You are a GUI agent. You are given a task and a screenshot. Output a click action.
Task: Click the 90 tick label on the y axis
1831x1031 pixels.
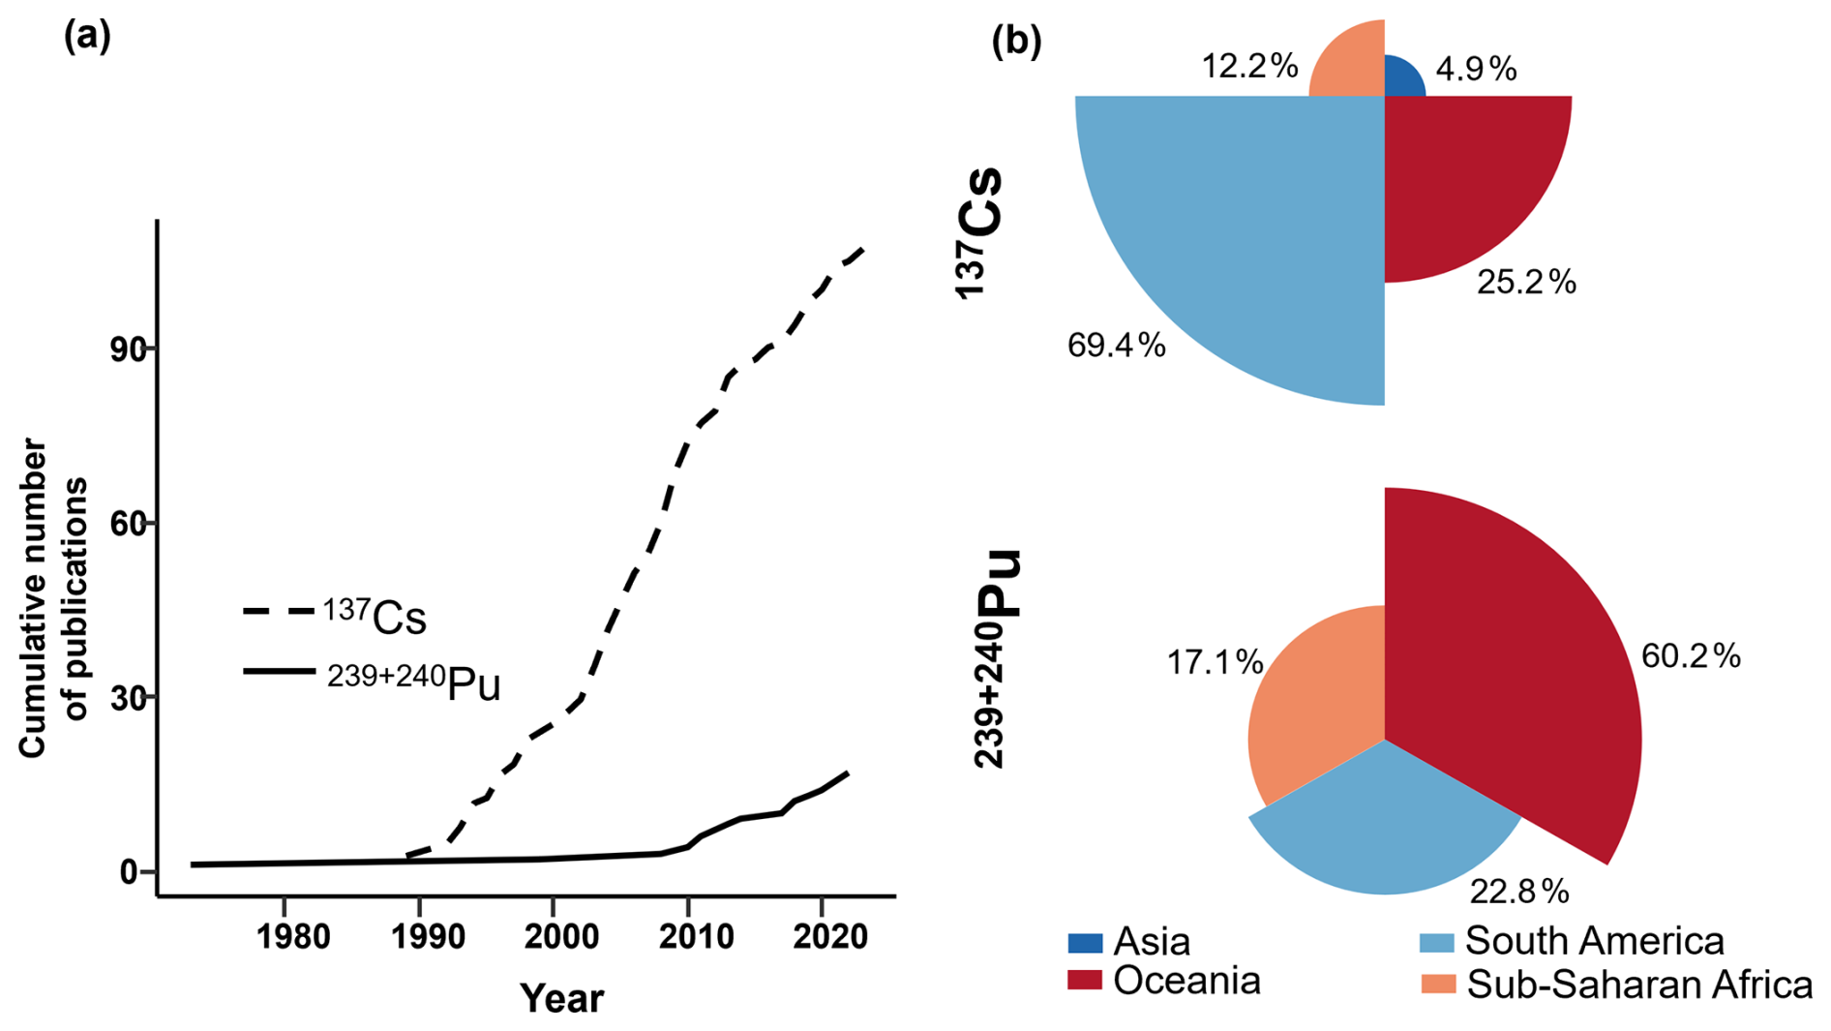[128, 349]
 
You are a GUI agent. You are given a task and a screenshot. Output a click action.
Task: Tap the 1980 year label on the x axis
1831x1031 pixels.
[292, 936]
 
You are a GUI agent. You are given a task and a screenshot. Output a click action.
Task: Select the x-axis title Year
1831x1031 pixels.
[561, 998]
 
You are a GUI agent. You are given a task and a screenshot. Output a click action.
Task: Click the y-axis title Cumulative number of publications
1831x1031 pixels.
[54, 597]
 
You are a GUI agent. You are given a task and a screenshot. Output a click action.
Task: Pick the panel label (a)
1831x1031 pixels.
[87, 37]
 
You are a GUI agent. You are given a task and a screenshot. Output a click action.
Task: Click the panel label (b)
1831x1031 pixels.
[1016, 41]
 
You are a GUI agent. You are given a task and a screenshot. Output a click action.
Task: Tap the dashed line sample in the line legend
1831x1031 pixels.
[279, 612]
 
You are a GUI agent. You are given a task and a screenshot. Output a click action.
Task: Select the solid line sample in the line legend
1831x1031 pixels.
[279, 671]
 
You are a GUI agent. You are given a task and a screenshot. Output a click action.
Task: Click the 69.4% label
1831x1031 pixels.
[1116, 346]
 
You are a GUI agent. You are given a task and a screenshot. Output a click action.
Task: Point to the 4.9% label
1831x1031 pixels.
[1476, 69]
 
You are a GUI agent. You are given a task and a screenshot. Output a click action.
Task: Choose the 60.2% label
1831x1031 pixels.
[1691, 656]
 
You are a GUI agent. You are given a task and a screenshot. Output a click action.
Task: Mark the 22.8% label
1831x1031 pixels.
[1518, 891]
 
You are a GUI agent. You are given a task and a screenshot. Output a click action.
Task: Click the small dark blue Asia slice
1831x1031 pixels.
[1400, 79]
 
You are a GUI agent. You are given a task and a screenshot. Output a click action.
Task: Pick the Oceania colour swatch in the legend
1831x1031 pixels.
[1085, 981]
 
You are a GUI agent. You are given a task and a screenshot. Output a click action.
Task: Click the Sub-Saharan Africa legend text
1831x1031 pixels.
[1639, 985]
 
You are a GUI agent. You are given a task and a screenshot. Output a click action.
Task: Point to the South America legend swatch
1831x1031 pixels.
[1437, 942]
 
